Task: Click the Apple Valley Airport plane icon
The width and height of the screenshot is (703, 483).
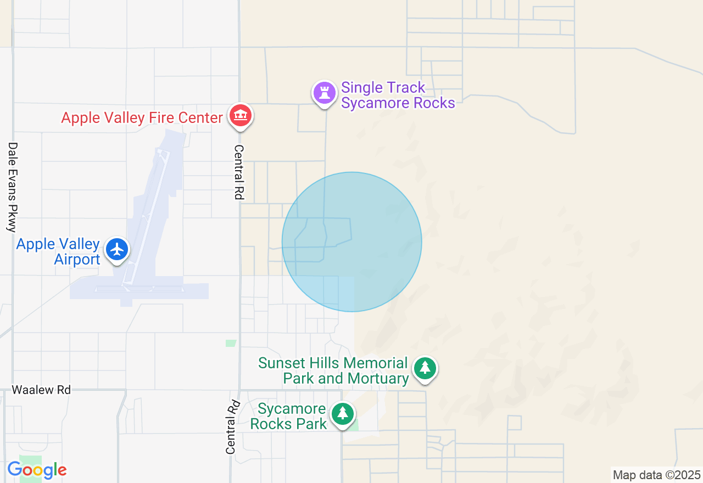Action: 117,249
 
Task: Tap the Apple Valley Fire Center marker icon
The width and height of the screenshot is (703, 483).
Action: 240,115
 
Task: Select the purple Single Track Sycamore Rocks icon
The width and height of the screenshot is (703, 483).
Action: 324,93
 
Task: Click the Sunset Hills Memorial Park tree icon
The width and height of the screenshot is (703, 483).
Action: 425,368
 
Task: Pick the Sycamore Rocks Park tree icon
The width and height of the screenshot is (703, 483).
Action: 343,413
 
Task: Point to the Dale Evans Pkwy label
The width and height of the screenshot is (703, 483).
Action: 13,187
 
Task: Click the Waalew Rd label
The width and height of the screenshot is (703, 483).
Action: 42,390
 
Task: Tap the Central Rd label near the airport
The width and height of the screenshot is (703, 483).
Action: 238,172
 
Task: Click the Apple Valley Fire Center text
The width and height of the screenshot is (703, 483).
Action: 142,117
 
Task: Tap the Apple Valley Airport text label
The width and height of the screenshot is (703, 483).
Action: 58,251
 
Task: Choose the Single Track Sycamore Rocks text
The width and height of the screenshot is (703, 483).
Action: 398,96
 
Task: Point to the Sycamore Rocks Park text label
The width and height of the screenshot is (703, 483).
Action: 289,417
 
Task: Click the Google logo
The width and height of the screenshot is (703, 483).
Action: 37,470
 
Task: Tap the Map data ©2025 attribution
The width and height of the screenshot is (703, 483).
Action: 656,475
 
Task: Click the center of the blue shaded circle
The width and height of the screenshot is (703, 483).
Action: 351,242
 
